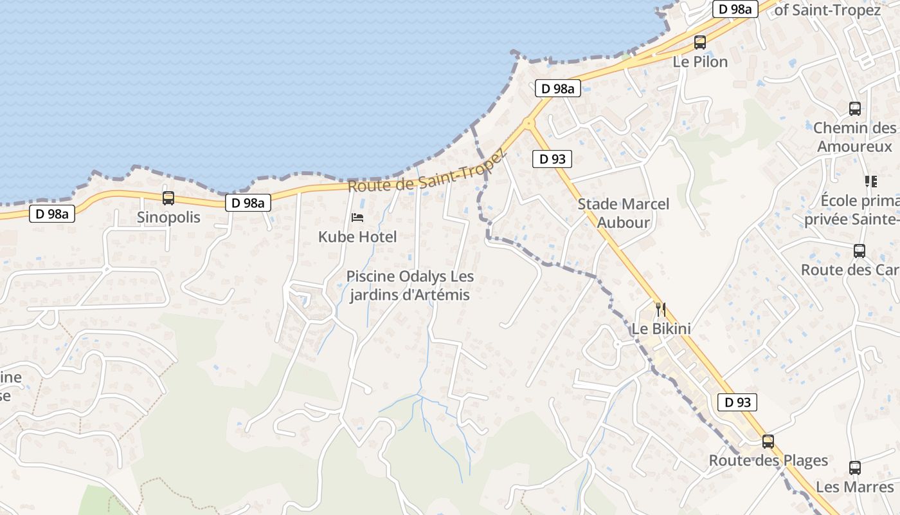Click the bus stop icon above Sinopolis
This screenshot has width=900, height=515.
pyautogui.click(x=168, y=198)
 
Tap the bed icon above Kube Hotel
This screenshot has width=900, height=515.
pyautogui.click(x=357, y=218)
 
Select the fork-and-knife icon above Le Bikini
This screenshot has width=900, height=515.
pyautogui.click(x=661, y=309)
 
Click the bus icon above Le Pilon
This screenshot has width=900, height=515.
pyautogui.click(x=700, y=42)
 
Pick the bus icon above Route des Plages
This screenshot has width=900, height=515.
pyautogui.click(x=768, y=442)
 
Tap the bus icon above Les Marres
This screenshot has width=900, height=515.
pyautogui.click(x=855, y=468)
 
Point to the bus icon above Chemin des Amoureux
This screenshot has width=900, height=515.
pyautogui.click(x=855, y=109)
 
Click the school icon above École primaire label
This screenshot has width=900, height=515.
pyautogui.click(x=871, y=182)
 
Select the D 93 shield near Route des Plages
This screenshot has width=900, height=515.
pyautogui.click(x=737, y=402)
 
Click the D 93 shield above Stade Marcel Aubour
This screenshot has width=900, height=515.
pyautogui.click(x=552, y=159)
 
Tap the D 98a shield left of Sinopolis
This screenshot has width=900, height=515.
pyautogui.click(x=52, y=214)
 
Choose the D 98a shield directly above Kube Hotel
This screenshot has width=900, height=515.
pyautogui.click(x=248, y=203)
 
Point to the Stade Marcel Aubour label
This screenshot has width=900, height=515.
pyautogui.click(x=623, y=213)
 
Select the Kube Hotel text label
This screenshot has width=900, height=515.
pyautogui.click(x=357, y=237)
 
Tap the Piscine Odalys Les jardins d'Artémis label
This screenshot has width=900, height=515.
pyautogui.click(x=410, y=286)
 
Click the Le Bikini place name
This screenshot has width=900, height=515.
pyautogui.click(x=661, y=329)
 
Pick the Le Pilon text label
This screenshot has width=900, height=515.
pyautogui.click(x=700, y=62)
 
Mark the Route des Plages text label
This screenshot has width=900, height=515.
pyautogui.click(x=768, y=461)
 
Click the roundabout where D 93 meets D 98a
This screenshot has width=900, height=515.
pyautogui.click(x=529, y=122)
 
